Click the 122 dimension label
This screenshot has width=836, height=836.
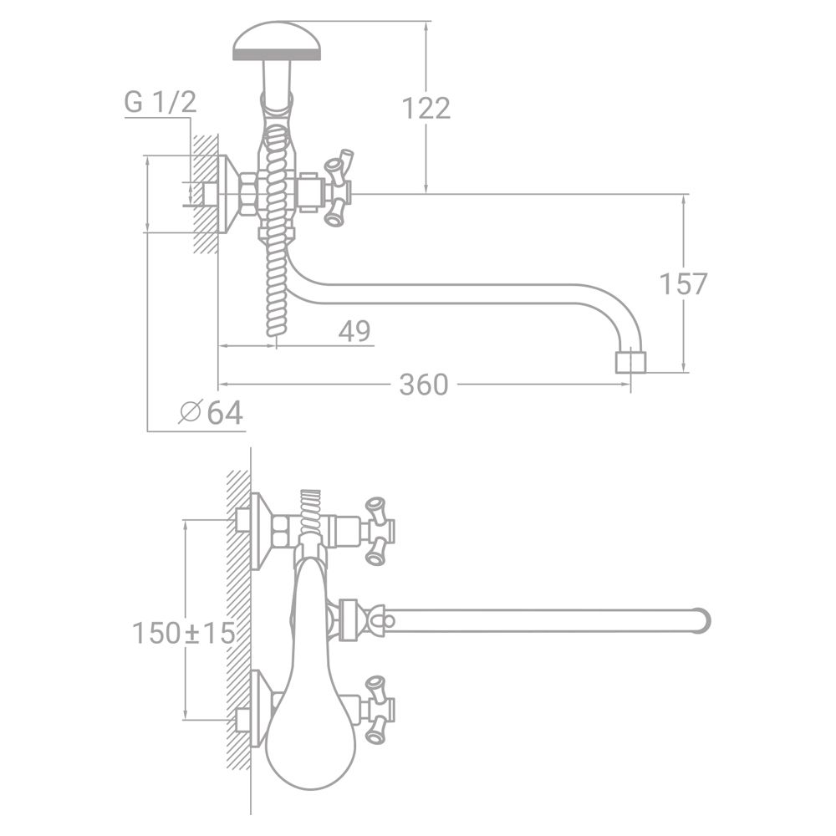tap(426, 108)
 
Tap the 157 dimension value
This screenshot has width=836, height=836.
tap(683, 283)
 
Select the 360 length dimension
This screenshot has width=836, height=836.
tap(424, 385)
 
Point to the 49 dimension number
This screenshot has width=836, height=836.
tap(354, 331)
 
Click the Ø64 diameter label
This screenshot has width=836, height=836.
tap(212, 412)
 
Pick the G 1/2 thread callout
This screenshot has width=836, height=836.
tap(161, 102)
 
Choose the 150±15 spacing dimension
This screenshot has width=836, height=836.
tap(183, 633)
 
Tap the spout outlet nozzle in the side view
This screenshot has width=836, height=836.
tap(630, 361)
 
